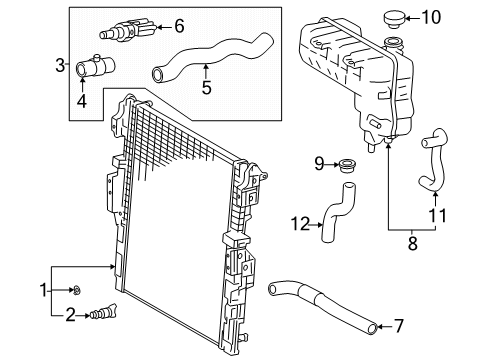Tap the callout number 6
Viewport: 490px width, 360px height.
coord(180,26)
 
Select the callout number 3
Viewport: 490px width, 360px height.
coord(60,65)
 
